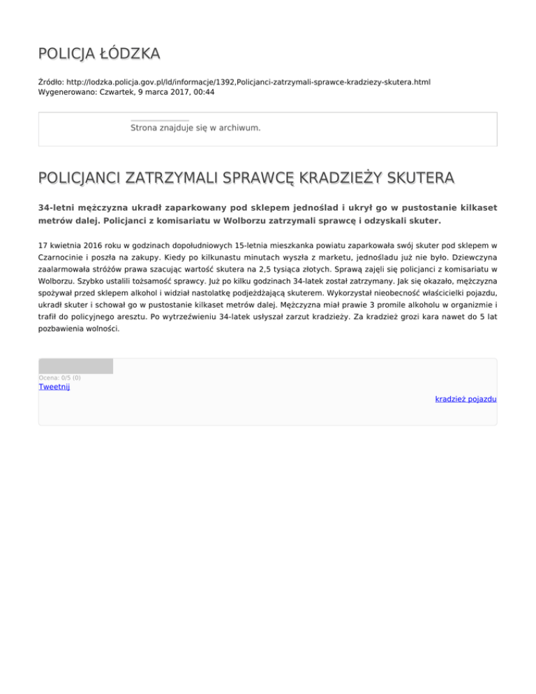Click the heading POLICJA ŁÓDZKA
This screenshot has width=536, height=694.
click(x=98, y=53)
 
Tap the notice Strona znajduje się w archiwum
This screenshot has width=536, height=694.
click(x=195, y=128)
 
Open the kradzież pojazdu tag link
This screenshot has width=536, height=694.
click(x=466, y=399)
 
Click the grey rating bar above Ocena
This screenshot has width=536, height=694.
click(x=75, y=366)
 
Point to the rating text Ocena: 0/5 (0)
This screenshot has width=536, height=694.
click(x=59, y=378)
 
